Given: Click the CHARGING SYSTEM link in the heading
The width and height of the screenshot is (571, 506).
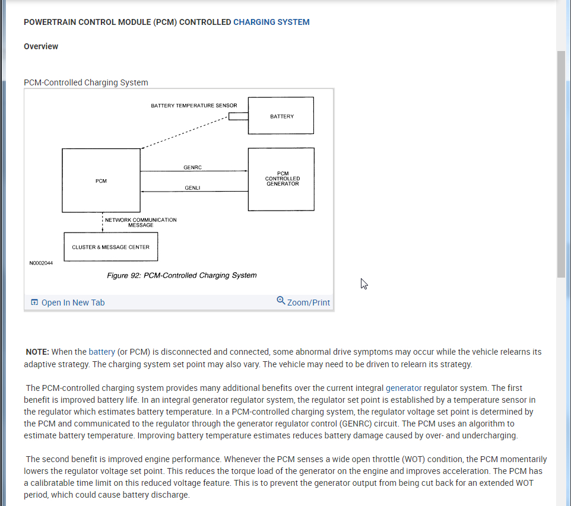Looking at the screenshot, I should (271, 23).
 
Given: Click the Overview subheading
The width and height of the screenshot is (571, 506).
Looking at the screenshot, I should (41, 46).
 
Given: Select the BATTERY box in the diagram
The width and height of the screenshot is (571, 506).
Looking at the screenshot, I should (281, 116).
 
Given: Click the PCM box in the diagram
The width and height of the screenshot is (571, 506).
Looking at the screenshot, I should (101, 180).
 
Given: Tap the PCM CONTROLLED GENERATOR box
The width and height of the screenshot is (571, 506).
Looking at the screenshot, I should (281, 179).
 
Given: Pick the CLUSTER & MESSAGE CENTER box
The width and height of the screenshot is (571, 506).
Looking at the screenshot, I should (110, 247).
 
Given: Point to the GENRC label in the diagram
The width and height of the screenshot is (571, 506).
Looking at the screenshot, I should (192, 168).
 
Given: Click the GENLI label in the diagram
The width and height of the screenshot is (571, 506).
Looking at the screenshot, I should (192, 188).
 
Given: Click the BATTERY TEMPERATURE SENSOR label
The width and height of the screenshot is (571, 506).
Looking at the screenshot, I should (193, 106).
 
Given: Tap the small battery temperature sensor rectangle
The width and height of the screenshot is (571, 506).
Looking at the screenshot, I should (238, 116).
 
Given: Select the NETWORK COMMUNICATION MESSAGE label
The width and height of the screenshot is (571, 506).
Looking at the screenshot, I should (141, 222).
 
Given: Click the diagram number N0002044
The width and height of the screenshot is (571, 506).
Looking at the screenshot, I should (41, 263).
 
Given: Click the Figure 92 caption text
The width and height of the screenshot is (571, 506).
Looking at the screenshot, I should (182, 275).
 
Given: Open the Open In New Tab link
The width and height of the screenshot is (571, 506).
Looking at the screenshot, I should (72, 303).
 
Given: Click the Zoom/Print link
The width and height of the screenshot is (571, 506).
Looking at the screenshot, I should (308, 303).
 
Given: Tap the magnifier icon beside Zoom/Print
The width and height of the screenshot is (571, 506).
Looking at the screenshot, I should (281, 301).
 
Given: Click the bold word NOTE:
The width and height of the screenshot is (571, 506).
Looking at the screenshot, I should (37, 352).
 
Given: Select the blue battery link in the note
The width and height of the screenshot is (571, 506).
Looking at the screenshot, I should (101, 352).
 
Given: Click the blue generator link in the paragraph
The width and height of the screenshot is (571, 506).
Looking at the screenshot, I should (403, 388).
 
